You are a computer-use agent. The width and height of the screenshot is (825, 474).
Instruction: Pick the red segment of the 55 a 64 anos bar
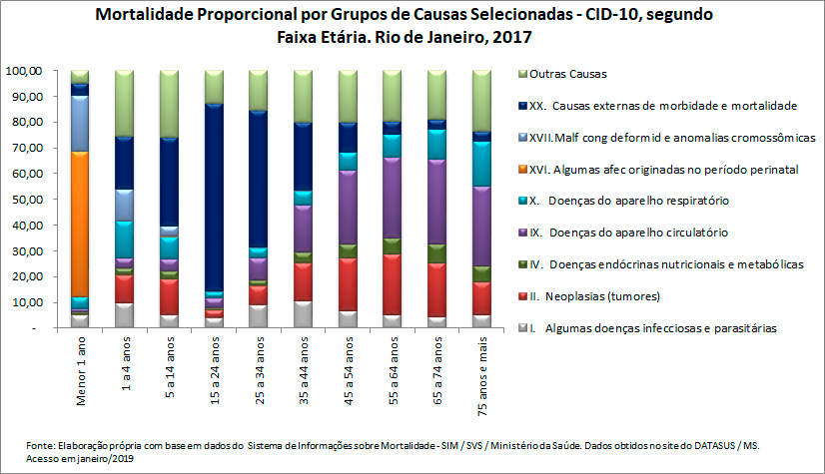[x=392, y=284]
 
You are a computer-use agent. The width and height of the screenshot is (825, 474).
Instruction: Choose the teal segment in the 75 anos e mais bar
[x=481, y=164]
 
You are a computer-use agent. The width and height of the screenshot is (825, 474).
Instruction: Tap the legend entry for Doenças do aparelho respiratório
[x=639, y=201]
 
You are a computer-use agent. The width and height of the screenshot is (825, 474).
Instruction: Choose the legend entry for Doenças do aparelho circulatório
[x=639, y=233]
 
